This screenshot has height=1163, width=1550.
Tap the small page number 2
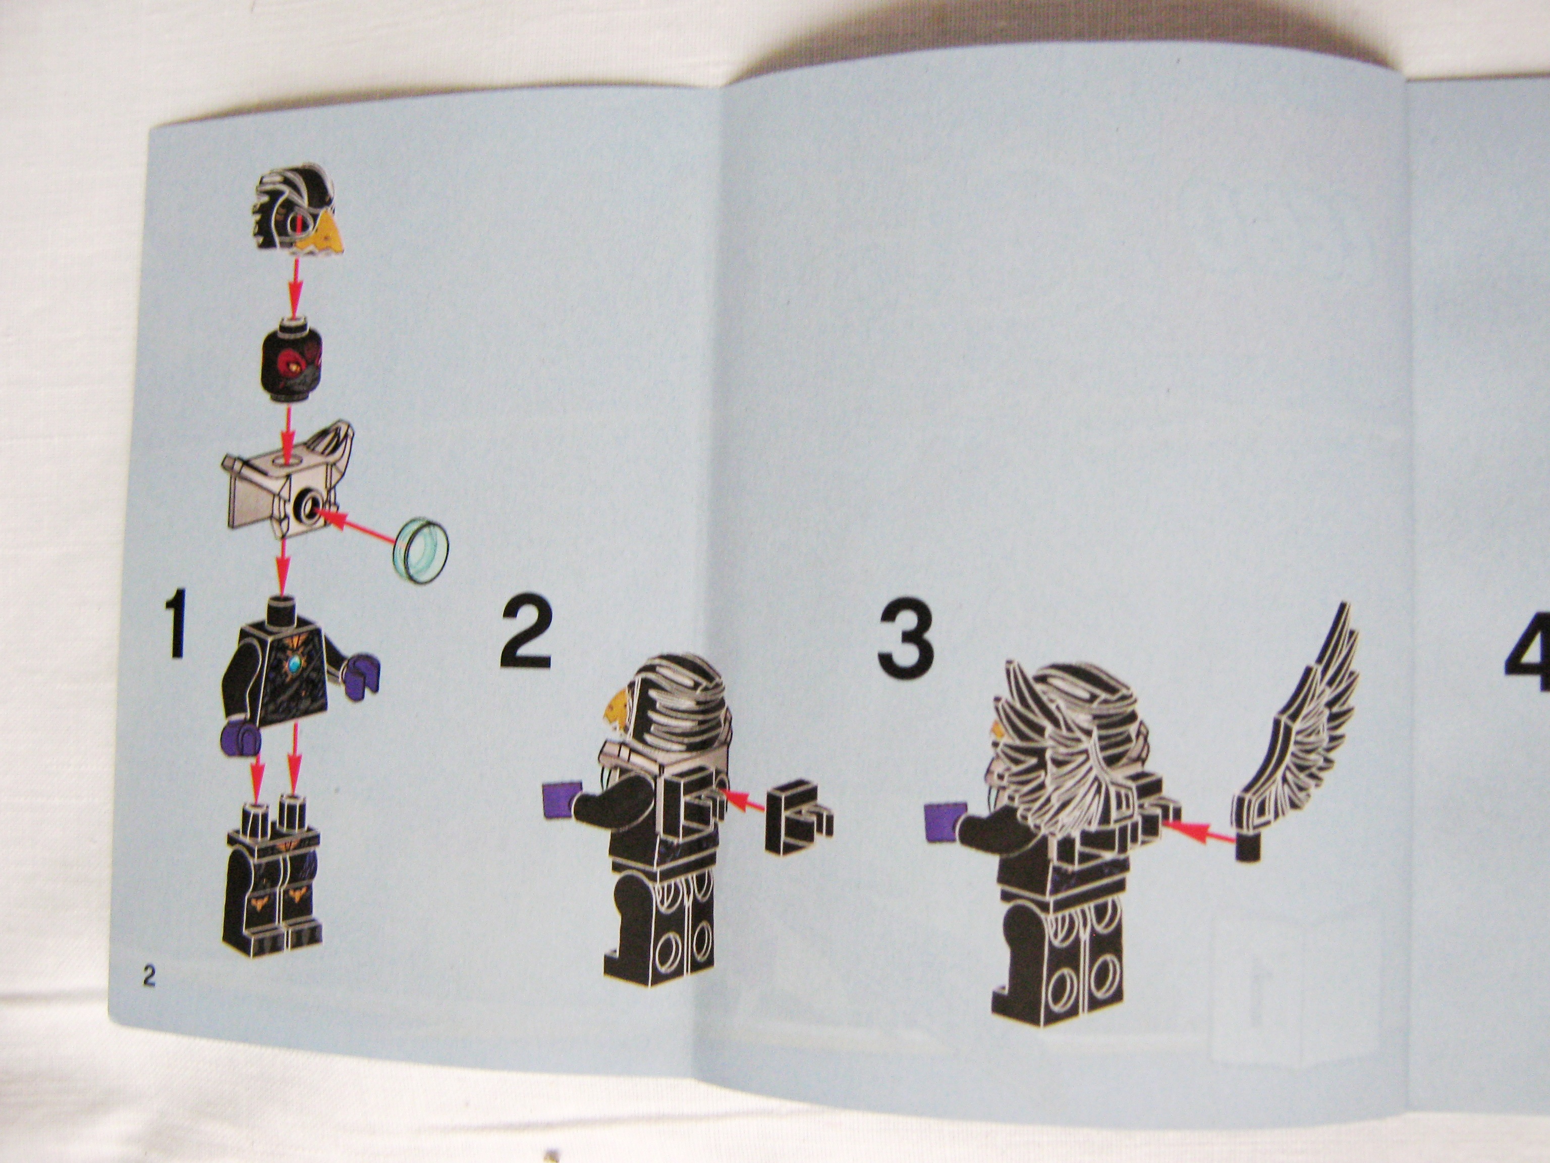[x=148, y=976]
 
